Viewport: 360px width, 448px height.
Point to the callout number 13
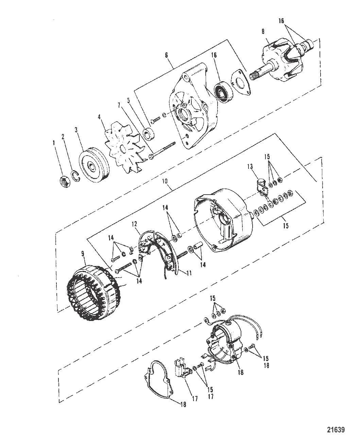[250, 166]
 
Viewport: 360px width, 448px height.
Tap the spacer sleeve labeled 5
[148, 134]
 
